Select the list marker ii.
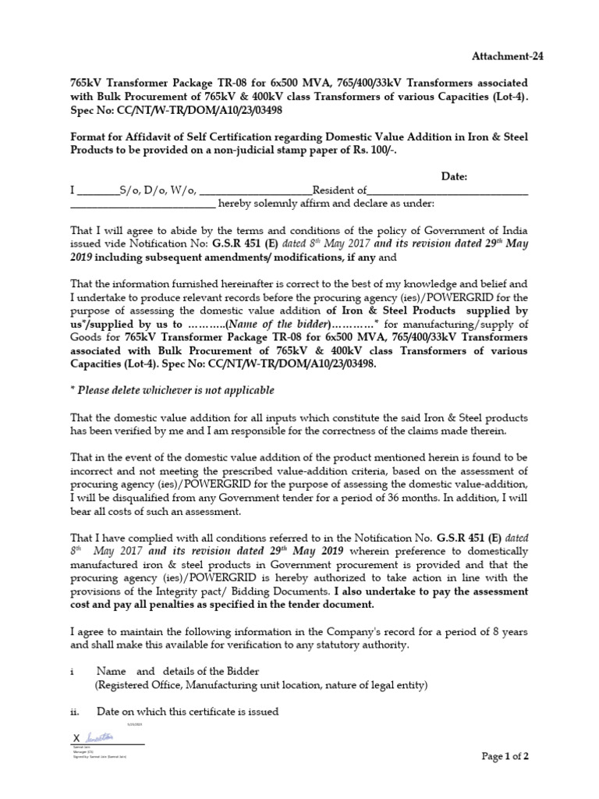[75, 712]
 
